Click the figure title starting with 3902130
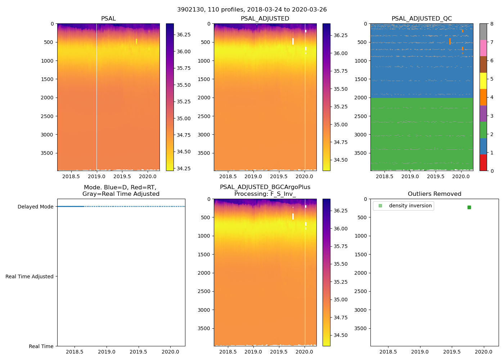252,10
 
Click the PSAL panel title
108,19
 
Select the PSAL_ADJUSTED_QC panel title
422,19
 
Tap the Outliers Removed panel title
435,194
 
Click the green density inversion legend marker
380,206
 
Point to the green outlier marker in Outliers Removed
469,207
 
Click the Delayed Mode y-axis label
35,207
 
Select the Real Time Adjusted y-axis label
29,276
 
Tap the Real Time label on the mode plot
41,346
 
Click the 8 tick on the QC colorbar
492,24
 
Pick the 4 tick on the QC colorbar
492,98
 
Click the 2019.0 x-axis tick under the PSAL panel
96,176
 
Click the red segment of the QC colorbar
483,163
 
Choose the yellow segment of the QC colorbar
483,81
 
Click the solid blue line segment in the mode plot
71,206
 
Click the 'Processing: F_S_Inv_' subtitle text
265,194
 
